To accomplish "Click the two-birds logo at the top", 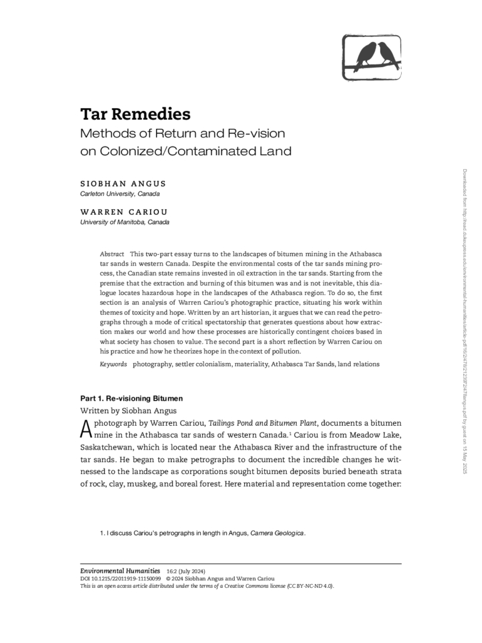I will (372, 57).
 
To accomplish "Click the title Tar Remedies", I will (135, 115).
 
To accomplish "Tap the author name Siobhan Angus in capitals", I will (123, 183).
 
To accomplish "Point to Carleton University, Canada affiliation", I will (120, 194).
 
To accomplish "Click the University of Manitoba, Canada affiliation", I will (124, 223).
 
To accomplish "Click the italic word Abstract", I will (112, 254).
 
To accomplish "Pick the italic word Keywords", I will (113, 364).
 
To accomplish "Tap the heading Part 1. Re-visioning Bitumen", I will (131, 398).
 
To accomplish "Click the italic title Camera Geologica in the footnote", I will (277, 533).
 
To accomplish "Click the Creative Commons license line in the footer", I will (207, 586).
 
